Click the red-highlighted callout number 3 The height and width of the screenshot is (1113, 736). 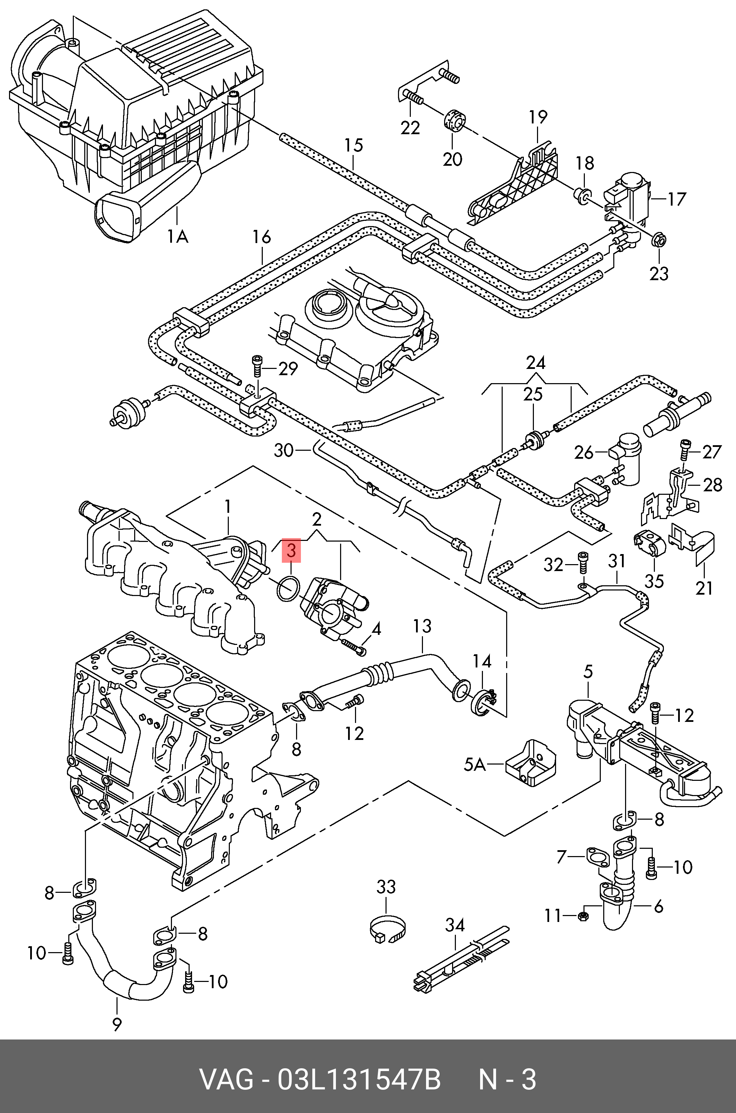pos(291,550)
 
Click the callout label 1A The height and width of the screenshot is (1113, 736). pos(178,236)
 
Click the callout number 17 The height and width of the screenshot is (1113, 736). pos(676,199)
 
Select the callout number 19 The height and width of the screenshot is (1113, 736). pos(538,117)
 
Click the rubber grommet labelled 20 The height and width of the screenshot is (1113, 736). pos(453,120)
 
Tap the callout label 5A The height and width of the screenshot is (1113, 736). pos(475,765)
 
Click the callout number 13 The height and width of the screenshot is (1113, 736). pos(422,626)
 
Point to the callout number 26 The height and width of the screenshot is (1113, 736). pos(584,452)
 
